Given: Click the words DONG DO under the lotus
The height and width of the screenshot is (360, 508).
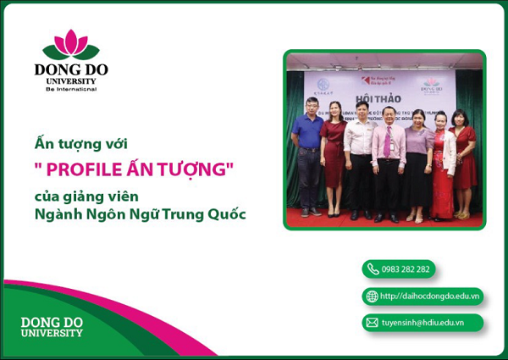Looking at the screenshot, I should (x=71, y=69).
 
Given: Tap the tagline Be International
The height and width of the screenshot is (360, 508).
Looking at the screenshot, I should (x=71, y=88).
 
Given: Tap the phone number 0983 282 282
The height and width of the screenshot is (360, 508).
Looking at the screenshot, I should (x=405, y=269).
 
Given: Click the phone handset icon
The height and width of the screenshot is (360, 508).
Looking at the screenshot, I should (x=373, y=269).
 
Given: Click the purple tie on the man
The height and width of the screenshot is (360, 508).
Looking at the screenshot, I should (x=387, y=142).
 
